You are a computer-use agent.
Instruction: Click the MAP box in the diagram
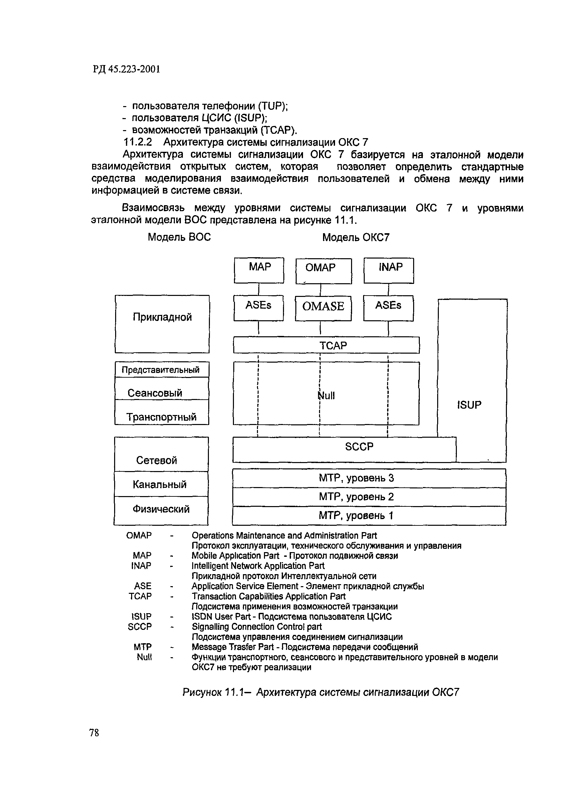pos(259,270)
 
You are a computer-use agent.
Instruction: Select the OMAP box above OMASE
pos(323,271)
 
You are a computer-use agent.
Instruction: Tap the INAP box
pos(388,270)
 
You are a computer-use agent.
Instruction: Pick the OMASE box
pos(323,308)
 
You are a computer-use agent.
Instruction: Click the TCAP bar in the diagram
pos(326,345)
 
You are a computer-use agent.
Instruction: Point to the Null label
pos(326,396)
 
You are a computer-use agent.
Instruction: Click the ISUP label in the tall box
pos(469,405)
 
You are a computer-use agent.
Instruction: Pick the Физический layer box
pos(161,510)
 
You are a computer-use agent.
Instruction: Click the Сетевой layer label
pos(156,460)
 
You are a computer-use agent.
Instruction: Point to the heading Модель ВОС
pos(179,237)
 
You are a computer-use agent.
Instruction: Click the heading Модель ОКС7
pos(355,237)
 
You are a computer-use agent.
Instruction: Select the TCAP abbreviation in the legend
pos(140,596)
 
